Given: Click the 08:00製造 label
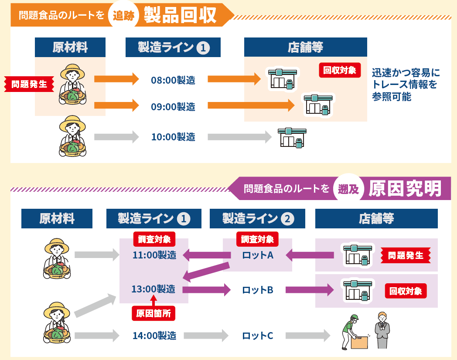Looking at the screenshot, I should [x=173, y=80].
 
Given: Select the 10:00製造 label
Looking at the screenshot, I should [x=173, y=137].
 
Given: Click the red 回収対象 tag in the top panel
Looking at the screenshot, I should [x=340, y=70].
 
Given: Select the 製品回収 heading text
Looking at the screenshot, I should [x=180, y=15].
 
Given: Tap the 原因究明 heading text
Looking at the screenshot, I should [x=405, y=189].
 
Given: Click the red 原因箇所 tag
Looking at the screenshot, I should [x=153, y=313].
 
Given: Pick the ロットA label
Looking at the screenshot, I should [x=258, y=255].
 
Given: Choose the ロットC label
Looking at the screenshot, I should [x=258, y=336].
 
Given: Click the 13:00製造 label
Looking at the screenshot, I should [x=153, y=289].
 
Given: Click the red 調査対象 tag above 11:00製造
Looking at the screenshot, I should [x=154, y=239].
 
